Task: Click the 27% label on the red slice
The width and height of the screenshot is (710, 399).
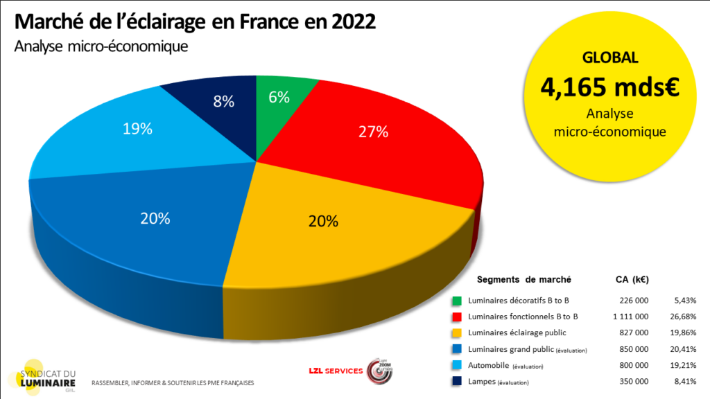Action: tap(373, 132)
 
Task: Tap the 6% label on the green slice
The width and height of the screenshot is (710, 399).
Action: tap(279, 98)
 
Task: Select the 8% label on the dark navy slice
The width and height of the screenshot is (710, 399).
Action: tap(223, 101)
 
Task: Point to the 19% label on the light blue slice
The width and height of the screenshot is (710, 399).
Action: tap(137, 130)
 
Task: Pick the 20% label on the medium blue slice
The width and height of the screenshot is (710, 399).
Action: tap(155, 218)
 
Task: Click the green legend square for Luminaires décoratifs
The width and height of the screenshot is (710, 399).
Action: tap(457, 301)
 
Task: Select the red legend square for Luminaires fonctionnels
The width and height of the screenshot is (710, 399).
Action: tap(457, 317)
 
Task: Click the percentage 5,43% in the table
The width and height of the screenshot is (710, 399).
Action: tap(684, 301)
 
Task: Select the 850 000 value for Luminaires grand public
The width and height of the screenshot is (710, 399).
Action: tap(634, 350)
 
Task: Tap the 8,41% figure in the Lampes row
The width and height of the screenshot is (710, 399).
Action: tap(684, 382)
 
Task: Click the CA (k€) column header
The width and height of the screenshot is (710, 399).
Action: tap(632, 280)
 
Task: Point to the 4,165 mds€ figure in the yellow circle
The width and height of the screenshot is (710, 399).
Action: tap(610, 87)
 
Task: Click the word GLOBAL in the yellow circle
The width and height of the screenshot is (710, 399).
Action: tap(610, 58)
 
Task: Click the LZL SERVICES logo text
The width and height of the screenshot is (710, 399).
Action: tap(335, 371)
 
